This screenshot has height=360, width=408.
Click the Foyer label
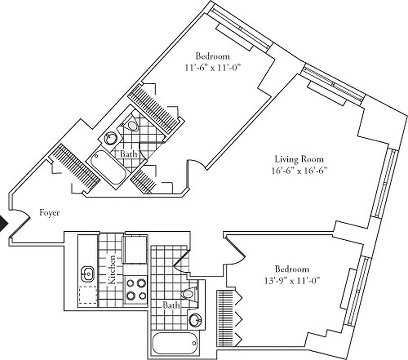coord(49,213)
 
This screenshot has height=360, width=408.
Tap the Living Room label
coord(299,159)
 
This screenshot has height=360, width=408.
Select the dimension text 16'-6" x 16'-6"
coord(299,171)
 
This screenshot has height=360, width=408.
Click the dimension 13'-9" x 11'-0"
coord(292,280)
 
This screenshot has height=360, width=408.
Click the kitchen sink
coord(87,272)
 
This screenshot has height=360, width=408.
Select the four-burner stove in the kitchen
coord(136,289)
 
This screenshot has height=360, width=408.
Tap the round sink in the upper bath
coord(111,138)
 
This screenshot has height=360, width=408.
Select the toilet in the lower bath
coord(188,293)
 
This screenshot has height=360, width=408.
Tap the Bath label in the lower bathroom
coord(171,306)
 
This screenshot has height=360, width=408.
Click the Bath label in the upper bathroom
coord(128,154)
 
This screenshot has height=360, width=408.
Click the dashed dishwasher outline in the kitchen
coord(88,295)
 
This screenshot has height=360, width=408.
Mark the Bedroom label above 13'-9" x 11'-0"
coord(292,269)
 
